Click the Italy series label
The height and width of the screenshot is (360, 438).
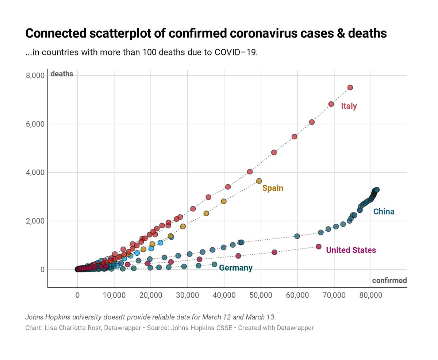point(349,107)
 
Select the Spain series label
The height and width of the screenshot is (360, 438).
point(273,189)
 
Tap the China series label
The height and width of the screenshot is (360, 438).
point(384,212)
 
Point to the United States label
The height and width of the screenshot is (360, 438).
point(351,250)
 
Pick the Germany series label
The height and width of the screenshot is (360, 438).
point(236,268)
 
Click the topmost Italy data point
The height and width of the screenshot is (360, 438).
point(350,88)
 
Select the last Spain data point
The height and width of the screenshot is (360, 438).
point(259,181)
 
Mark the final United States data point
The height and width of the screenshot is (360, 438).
point(318,247)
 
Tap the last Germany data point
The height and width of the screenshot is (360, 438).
point(214,264)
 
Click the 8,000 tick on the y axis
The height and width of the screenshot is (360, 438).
point(35,76)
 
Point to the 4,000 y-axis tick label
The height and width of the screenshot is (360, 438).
point(35,173)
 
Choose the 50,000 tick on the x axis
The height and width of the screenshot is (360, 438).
point(261,295)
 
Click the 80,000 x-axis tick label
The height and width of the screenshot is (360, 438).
point(370,295)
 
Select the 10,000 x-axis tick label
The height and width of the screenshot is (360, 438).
point(114,295)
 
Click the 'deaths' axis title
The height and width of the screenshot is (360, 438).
point(62,74)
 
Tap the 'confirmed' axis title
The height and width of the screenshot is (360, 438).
point(389,280)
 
